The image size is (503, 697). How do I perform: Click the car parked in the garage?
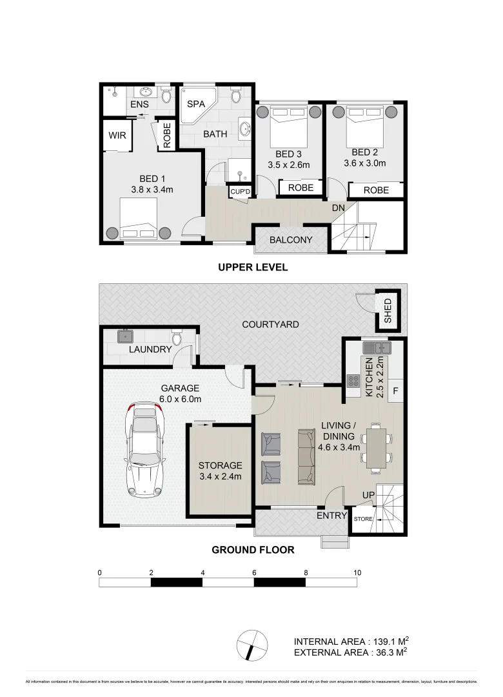click(145, 450)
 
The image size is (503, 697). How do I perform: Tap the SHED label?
click(388, 310)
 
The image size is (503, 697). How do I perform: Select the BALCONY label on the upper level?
click(291, 240)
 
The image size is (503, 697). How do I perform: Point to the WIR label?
click(117, 136)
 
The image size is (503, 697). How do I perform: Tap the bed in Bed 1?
click(139, 217)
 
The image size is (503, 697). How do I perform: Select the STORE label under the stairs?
click(363, 518)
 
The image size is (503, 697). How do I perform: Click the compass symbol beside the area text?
click(252, 643)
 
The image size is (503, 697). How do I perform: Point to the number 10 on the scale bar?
click(357, 572)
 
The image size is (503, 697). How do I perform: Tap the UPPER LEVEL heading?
click(252, 267)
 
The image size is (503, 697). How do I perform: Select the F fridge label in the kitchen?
click(395, 390)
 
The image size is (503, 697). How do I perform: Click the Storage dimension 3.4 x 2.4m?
click(220, 477)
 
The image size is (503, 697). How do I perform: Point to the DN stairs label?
click(338, 208)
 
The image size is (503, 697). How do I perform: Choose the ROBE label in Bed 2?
click(376, 190)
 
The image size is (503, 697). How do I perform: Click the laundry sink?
click(124, 337)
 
